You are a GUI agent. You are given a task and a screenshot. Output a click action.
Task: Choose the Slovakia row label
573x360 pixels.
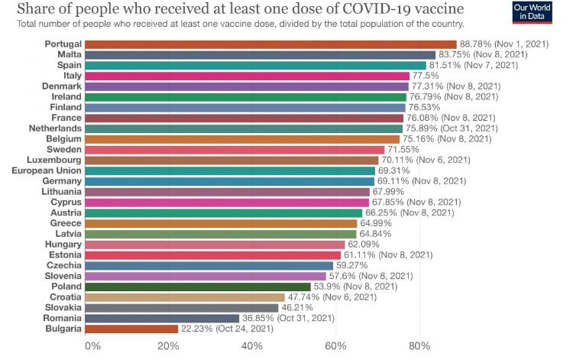point(64,307)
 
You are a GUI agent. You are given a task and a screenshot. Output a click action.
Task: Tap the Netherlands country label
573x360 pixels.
point(55,128)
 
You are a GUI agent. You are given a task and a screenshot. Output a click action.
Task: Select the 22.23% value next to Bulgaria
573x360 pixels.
point(196,329)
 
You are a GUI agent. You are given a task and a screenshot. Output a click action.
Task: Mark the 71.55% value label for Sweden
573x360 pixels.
point(402,150)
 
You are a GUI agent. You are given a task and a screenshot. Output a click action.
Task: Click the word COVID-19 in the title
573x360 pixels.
point(400,8)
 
